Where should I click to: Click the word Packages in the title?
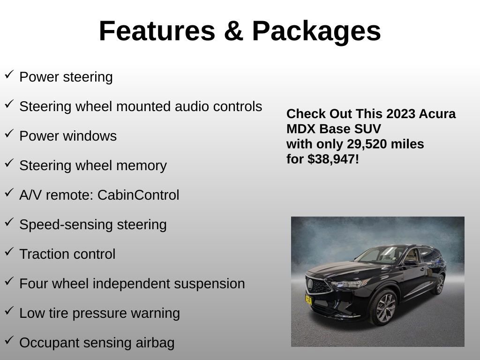coord(316,31)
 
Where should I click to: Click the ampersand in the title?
coord(233,31)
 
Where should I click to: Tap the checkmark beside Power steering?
coord(9,75)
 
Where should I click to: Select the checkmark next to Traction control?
coord(9,252)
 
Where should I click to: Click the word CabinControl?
coord(138,195)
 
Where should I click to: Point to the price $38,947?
coord(333,159)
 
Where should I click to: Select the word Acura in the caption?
coord(437,114)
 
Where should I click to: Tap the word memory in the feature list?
coord(145,165)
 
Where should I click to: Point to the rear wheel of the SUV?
coord(440,285)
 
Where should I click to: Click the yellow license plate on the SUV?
coord(308,300)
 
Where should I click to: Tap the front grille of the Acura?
coord(319,285)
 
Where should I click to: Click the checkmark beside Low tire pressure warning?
coord(9,311)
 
